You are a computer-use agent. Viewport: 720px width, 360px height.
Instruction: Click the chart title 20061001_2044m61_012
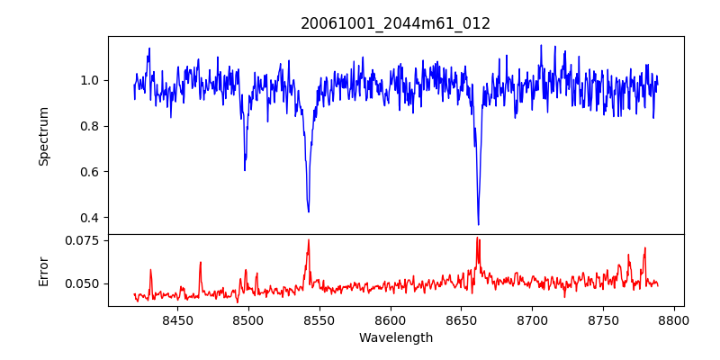(x=396, y=24)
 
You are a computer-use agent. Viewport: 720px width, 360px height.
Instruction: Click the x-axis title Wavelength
(x=396, y=338)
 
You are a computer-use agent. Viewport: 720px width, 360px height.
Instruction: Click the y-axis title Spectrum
(x=44, y=136)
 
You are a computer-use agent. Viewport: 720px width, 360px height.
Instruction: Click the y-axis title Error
(x=44, y=270)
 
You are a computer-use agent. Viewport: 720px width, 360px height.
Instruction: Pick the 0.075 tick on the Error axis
(x=82, y=240)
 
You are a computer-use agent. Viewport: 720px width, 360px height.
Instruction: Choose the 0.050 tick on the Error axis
(x=82, y=283)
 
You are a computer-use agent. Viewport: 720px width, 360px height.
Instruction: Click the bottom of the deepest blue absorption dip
(x=478, y=224)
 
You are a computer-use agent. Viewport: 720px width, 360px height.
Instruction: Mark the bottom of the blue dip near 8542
(x=309, y=211)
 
